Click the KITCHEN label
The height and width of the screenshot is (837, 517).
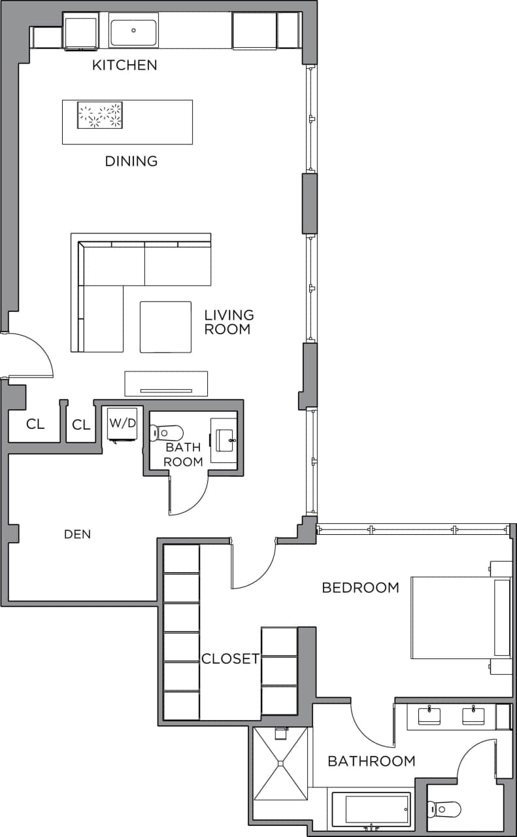tap(124, 65)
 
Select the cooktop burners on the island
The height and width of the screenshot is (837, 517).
tap(100, 115)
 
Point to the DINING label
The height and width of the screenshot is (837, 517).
tap(131, 161)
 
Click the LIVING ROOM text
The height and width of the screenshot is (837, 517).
tap(228, 322)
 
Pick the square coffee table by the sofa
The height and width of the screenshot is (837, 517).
tap(165, 326)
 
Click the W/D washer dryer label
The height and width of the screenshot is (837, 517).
tap(122, 423)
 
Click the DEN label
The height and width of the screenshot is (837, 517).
tap(77, 534)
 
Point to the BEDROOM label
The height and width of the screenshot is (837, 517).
tap(360, 587)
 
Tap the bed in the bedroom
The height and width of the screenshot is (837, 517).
tap(458, 617)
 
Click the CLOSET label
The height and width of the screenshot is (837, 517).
tap(230, 658)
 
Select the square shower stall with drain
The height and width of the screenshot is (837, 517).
tap(280, 762)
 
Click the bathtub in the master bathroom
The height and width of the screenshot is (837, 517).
tap(371, 810)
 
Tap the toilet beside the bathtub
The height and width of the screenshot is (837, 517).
tap(444, 810)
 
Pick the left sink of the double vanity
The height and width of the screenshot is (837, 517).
tap(429, 715)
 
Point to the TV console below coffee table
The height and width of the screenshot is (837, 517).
tap(166, 384)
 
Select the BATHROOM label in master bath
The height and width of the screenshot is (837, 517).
tap(371, 761)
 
